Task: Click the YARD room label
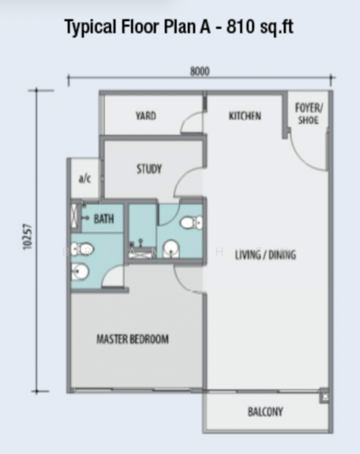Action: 146,116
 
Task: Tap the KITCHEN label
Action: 245,116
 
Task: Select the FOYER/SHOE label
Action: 309,113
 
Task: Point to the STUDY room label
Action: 149,169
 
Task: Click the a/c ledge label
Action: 85,179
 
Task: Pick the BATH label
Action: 104,219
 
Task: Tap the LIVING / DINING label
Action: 265,255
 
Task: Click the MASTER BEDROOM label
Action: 132,339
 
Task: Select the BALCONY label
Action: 265,412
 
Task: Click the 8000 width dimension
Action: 200,71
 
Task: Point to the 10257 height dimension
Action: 27,237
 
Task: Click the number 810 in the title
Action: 239,26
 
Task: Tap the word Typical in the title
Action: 90,27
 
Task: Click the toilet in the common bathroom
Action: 191,222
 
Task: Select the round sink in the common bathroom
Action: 171,249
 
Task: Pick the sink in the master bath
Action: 80,272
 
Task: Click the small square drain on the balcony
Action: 324,396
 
